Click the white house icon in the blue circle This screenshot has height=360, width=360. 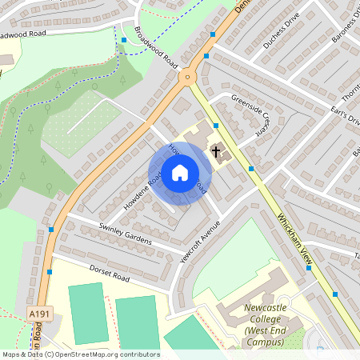point(180,173)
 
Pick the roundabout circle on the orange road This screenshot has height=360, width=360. point(188,78)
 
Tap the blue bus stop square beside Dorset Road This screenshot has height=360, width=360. point(50,272)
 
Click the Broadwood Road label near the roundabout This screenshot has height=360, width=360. point(156,47)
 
